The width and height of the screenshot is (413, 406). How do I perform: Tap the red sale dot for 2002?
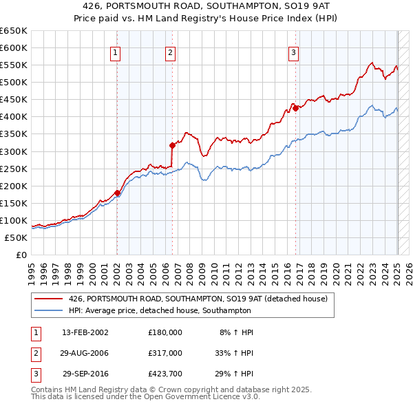[x=117, y=193]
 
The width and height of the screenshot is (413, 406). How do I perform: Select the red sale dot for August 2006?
[x=173, y=145]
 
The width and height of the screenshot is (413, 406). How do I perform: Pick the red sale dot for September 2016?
[x=295, y=108]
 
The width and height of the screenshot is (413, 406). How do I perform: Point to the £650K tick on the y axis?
[x=14, y=31]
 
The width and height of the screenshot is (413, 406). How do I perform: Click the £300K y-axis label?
[x=14, y=151]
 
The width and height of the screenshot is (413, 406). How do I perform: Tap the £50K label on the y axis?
[x=16, y=237]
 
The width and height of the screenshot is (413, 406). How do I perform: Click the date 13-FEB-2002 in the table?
[x=85, y=332]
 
